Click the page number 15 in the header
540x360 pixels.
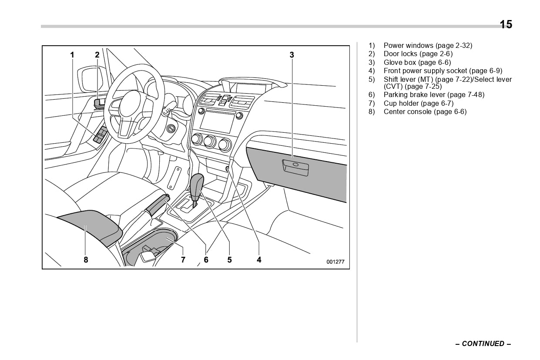coord(506,25)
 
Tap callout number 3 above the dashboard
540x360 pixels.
coord(292,55)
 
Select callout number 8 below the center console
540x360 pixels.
coord(86,260)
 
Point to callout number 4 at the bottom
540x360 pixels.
coord(259,260)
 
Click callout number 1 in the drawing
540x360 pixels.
coord(72,55)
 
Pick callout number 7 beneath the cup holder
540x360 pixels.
coord(183,260)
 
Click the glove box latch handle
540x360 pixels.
coord(295,167)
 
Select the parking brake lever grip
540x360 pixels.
coord(157,205)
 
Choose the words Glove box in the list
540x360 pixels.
coord(399,62)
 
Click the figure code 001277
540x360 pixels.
coord(335,262)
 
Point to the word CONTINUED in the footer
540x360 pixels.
coord(483,343)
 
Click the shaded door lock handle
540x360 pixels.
coord(99,103)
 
